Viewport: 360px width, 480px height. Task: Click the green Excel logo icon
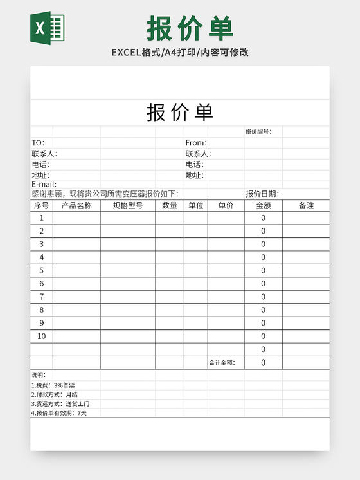coord(47,28)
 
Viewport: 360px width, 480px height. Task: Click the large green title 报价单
coord(190,28)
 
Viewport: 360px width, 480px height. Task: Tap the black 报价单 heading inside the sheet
coord(180,113)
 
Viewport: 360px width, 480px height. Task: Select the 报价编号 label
coord(258,132)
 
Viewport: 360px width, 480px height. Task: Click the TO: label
coord(38,143)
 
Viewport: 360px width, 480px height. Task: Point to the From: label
coord(196,143)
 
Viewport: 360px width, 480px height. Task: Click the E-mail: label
coord(44,185)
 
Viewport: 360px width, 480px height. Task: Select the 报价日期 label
coord(262,194)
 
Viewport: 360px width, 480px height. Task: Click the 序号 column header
coord(41,206)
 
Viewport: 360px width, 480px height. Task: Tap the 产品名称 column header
coord(76,206)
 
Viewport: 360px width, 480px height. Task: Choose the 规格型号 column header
coord(127,206)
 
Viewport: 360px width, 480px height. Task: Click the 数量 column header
coord(170,206)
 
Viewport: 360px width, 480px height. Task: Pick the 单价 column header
coord(226,206)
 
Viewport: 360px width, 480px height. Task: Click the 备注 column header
coord(306,206)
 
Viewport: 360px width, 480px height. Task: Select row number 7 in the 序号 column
coord(42,297)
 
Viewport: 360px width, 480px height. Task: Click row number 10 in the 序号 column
coord(42,336)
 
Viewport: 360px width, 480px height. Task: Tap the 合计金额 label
coord(222,363)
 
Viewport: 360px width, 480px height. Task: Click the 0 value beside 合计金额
coord(263,363)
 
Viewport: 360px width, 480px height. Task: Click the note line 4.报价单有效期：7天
coord(59,413)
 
